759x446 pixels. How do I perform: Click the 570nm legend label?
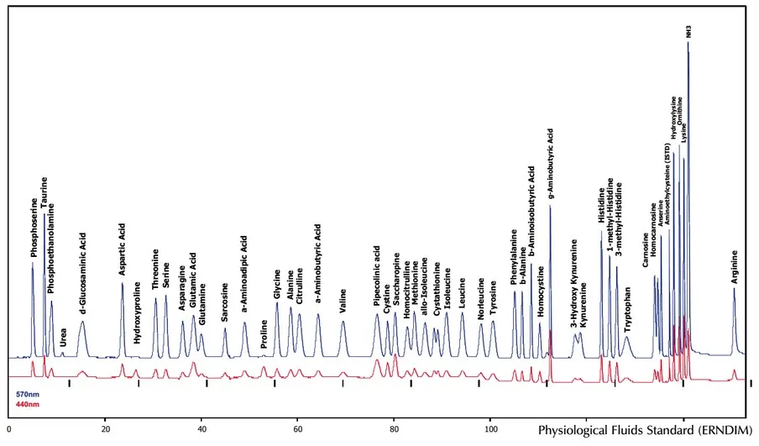click(x=28, y=393)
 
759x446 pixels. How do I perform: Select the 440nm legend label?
click(x=28, y=405)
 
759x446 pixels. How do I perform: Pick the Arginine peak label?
click(x=735, y=268)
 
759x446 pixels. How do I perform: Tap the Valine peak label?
click(x=343, y=300)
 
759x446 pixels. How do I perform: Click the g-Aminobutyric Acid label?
click(x=551, y=165)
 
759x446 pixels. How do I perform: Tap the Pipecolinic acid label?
click(x=378, y=275)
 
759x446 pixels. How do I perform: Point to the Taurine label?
click(x=44, y=192)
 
